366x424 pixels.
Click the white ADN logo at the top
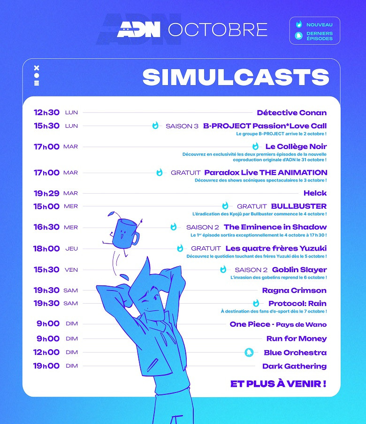tap(139, 29)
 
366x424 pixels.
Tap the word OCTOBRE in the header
tap(218, 30)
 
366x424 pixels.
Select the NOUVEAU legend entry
tap(319, 24)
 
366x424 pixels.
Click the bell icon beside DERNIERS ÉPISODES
tap(298, 36)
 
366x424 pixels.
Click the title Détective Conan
tap(291, 113)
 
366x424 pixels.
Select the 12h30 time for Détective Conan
tap(46, 112)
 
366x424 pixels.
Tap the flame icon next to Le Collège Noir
tap(255, 146)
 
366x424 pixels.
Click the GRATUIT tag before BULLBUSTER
tap(252, 206)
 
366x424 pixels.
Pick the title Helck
tap(315, 193)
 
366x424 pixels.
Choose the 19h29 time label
tap(46, 193)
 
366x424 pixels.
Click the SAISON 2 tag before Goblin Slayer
tap(251, 270)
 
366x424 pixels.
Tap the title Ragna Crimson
tap(294, 291)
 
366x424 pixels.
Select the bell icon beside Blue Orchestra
tap(249, 353)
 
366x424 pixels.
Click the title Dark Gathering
tap(294, 366)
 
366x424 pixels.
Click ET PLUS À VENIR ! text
tap(278, 384)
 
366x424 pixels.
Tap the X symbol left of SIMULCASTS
tap(37, 68)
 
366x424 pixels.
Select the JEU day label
tap(72, 249)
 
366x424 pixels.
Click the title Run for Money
tap(297, 338)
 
